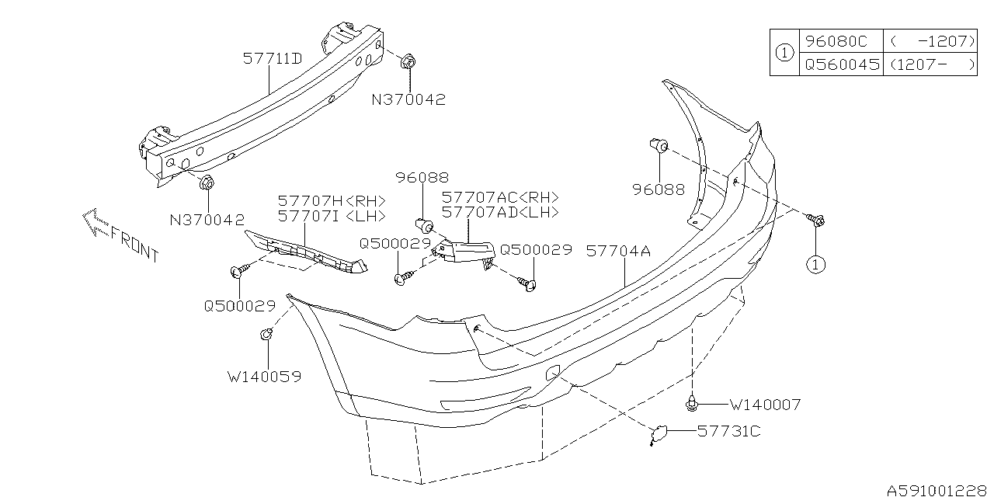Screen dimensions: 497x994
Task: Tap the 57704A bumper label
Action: pos(619,252)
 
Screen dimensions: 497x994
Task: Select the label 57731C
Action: pos(728,430)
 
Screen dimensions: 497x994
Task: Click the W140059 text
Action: pos(264,377)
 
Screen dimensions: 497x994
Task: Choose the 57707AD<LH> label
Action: pos(500,212)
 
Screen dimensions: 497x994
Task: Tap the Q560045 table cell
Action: pos(842,64)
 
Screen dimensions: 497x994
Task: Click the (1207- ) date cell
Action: pos(931,64)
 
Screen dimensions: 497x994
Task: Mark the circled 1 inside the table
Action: pos(784,54)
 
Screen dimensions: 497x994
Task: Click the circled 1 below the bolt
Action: pos(815,265)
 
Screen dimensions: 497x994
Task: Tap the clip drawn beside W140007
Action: pos(691,403)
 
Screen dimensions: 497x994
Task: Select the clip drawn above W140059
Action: pos(265,335)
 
